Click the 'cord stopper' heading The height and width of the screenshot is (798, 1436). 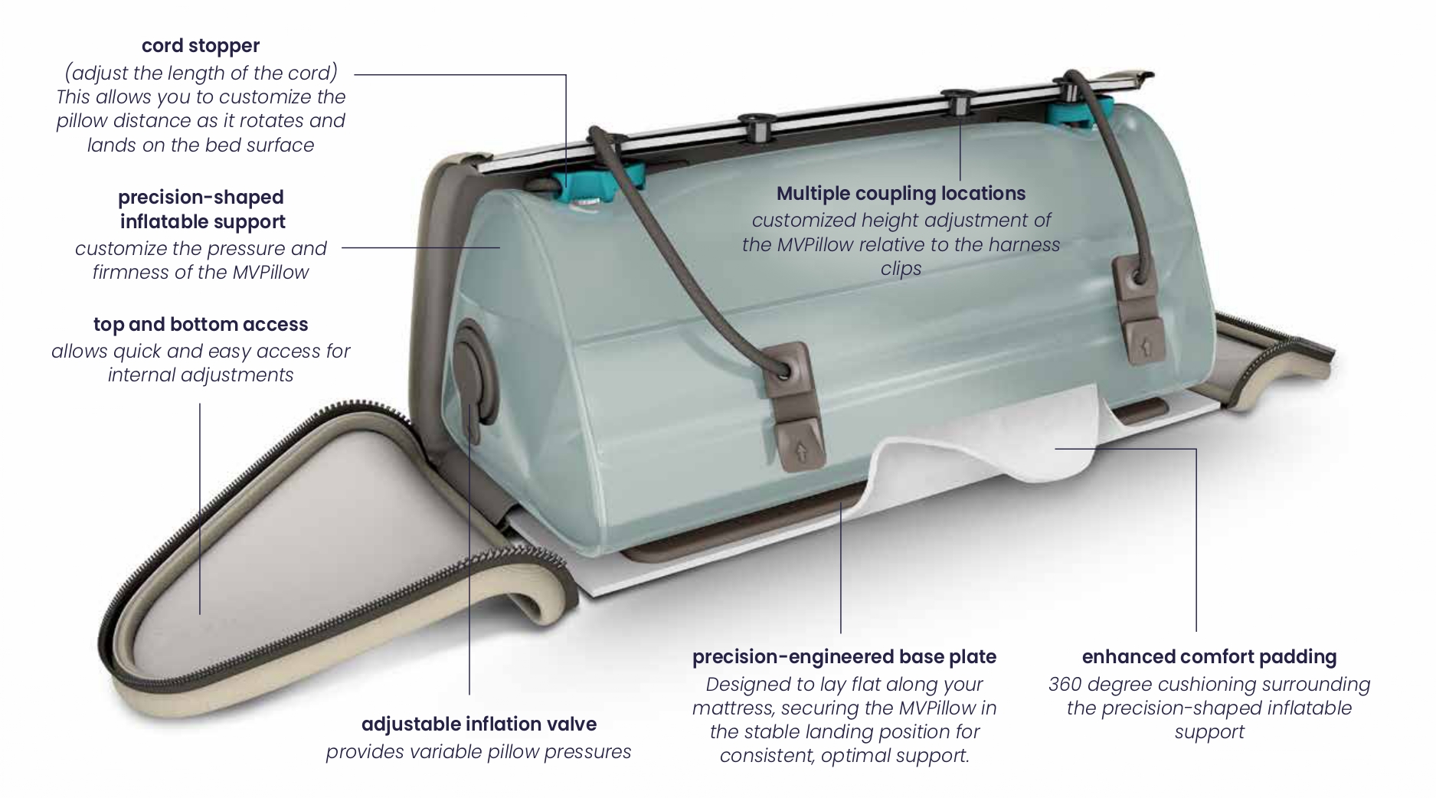(201, 46)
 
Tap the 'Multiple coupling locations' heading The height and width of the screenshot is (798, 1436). (901, 194)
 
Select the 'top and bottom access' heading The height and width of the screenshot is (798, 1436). (201, 325)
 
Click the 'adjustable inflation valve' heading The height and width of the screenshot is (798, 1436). (479, 724)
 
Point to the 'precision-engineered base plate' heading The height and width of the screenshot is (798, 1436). (844, 657)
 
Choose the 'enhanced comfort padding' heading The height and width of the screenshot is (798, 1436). (1209, 657)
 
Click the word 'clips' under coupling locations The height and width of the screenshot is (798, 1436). (901, 270)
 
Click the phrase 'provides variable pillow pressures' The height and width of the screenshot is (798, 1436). (479, 752)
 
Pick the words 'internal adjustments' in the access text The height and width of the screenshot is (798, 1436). (201, 375)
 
